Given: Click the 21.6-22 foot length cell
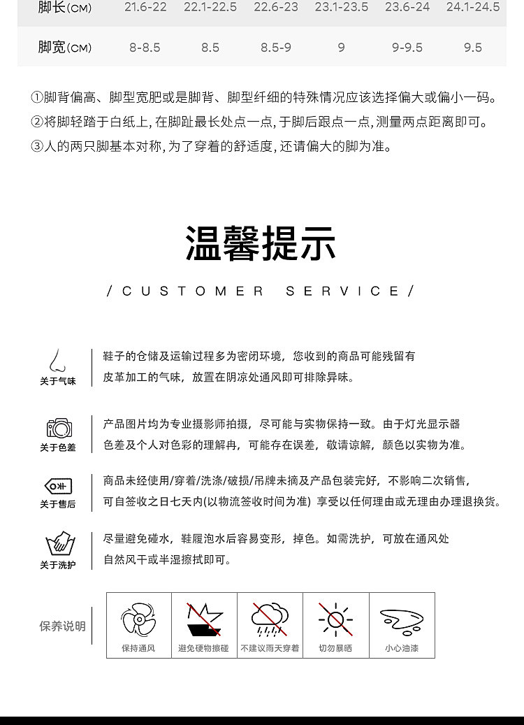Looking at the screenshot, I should pos(145,7).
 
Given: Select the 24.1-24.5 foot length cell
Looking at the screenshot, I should pos(473,7).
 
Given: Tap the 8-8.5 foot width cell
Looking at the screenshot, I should pos(145,48).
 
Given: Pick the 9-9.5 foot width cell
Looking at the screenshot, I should pos(407,48).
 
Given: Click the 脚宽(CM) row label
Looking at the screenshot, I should pos(64,48).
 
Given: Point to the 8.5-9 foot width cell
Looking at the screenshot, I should pos(276,48).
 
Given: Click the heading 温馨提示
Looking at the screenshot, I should pos(261,243).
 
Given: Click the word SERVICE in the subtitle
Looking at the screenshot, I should pos(343,292).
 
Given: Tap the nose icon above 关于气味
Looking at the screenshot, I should pos(57,361).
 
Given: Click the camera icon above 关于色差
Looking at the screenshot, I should pos(59,427).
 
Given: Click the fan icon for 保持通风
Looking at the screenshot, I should pos(138,619).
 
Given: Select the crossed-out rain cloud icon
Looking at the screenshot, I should pos(270,619).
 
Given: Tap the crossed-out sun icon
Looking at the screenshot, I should pos(335,619).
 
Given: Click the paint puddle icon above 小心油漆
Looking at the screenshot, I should pos(402,620).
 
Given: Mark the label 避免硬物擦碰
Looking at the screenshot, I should pos(204,649).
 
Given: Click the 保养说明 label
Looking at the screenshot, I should pos(62,626).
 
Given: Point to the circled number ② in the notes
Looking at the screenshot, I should pos(37,122).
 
